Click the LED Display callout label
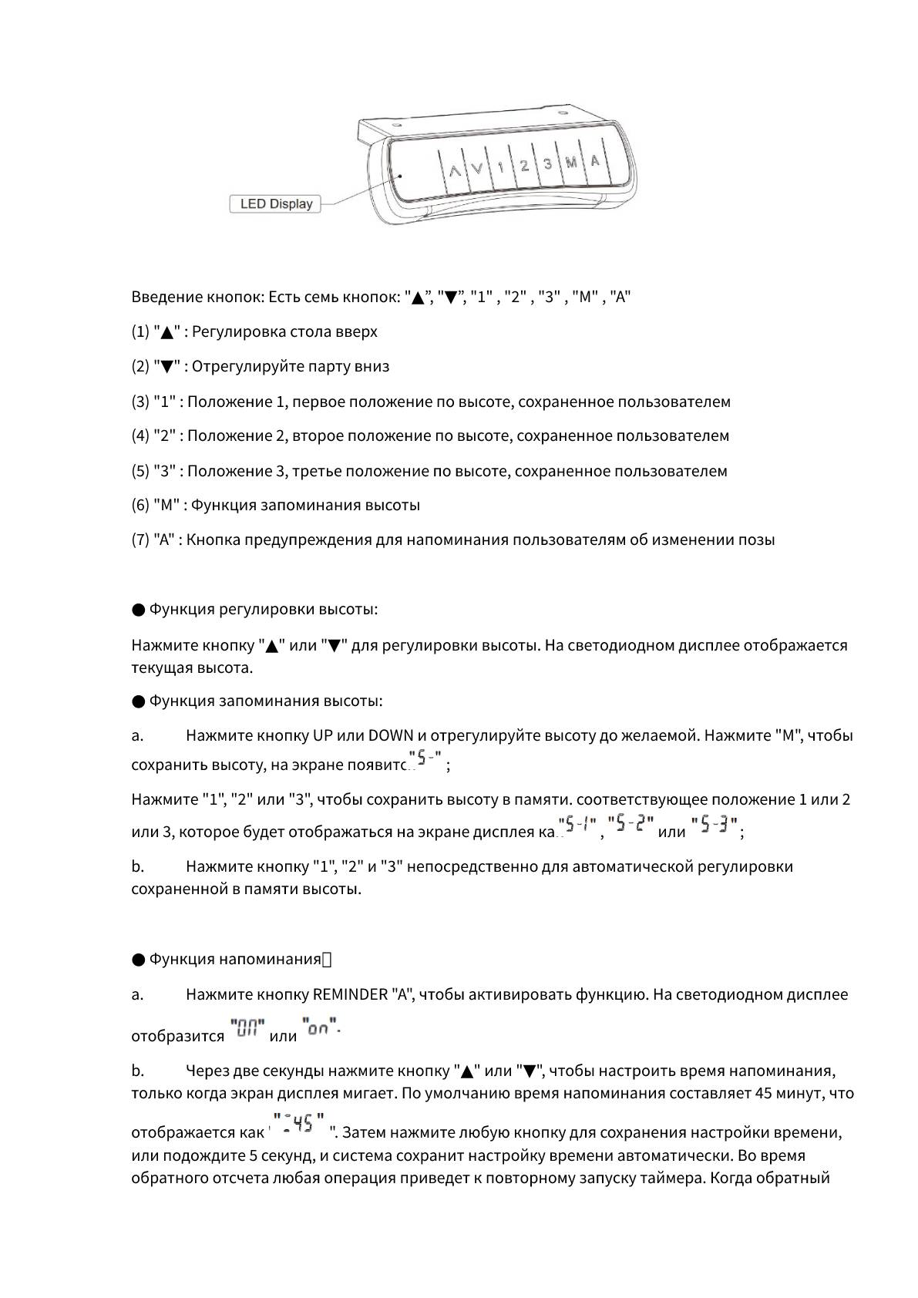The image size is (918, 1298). point(276,204)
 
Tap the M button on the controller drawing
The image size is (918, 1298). point(571,163)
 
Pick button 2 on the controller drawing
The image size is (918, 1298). point(524,166)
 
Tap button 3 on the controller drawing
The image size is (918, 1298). point(547,164)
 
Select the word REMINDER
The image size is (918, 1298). point(350,994)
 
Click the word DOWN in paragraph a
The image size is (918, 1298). point(391,735)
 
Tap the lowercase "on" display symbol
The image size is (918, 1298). point(321,1028)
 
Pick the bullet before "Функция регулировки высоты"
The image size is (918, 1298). point(138,610)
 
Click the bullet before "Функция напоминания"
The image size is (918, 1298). point(138,960)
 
